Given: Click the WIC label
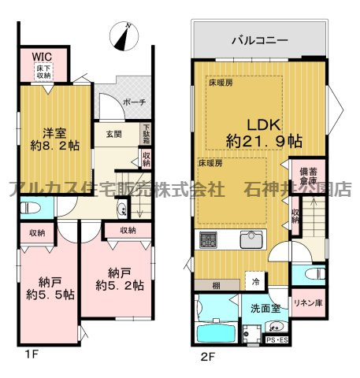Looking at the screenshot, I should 41,57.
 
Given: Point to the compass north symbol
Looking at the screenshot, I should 124,34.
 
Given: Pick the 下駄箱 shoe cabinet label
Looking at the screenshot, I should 146,133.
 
